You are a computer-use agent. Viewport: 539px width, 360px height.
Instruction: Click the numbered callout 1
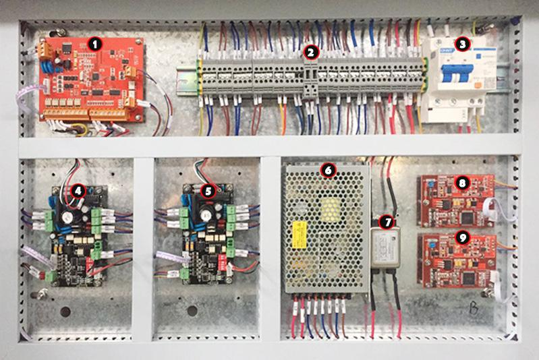click(95, 44)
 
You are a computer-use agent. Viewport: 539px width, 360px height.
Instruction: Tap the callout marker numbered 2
click(310, 51)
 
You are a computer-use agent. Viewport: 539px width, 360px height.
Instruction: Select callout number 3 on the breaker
click(462, 44)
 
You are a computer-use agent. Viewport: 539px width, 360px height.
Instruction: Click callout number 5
click(208, 191)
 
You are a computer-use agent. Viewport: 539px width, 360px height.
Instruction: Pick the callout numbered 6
click(329, 171)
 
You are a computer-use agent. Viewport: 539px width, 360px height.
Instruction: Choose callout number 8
click(461, 182)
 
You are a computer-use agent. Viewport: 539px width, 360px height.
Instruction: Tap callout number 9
click(461, 237)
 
